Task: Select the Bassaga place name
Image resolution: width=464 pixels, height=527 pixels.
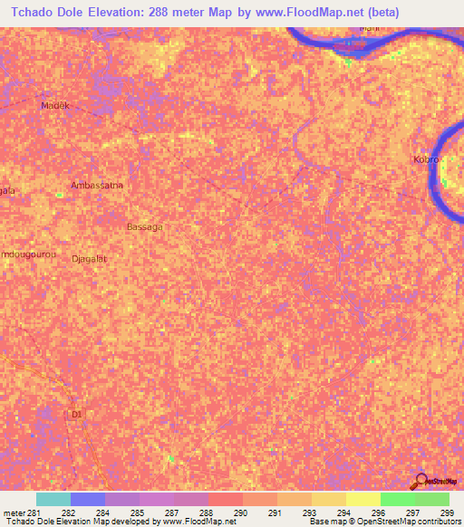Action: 145,226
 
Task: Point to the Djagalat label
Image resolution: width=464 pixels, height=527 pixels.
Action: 89,258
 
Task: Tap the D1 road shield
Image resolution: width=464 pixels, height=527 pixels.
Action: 76,415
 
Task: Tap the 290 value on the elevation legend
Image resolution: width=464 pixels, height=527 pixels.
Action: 241,513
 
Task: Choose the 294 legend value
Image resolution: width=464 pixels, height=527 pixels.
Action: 344,513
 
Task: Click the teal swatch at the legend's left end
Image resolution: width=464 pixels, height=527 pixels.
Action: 53,499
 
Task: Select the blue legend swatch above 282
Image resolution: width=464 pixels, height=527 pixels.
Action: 88,499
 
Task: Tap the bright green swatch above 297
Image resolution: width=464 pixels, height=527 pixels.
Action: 398,499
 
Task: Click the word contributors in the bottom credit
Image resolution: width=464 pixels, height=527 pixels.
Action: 437,522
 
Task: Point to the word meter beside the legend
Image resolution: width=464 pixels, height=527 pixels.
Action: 11,513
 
